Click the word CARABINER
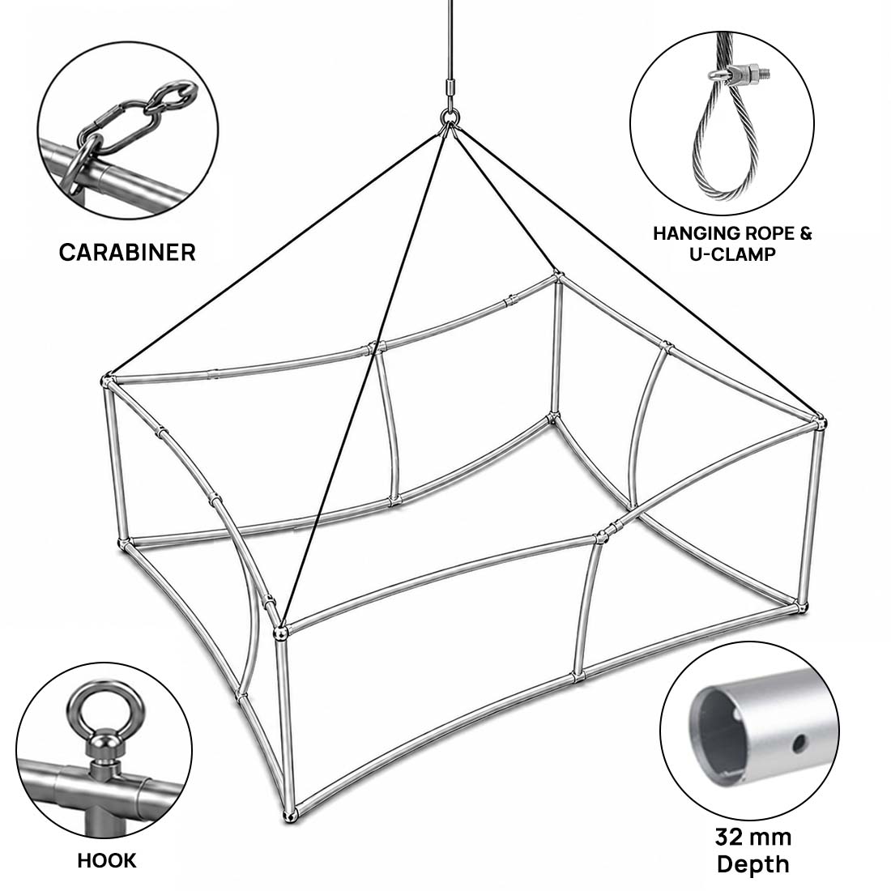[x=126, y=252]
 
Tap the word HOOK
[x=107, y=860]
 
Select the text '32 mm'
[x=753, y=837]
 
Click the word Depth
[x=753, y=864]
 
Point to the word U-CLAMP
[x=732, y=254]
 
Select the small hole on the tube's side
[x=799, y=741]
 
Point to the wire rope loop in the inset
[x=726, y=142]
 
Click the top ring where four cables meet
[x=450, y=118]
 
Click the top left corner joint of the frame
[x=107, y=380]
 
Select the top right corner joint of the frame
[x=819, y=422]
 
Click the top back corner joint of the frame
[x=557, y=277]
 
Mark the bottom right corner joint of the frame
[x=801, y=607]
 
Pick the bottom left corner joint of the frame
[x=123, y=543]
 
